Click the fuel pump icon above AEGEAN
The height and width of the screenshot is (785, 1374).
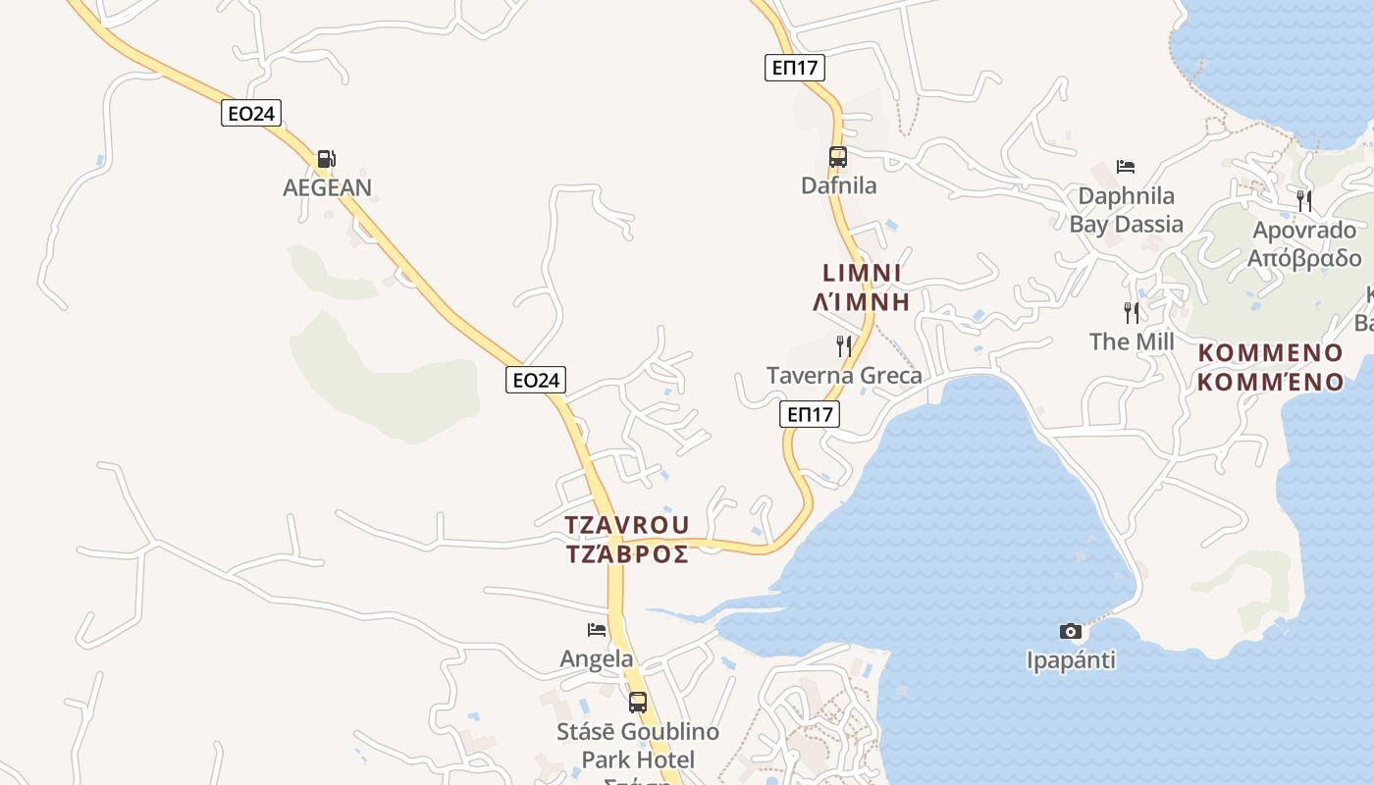(326, 158)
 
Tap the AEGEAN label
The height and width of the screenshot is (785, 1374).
(327, 187)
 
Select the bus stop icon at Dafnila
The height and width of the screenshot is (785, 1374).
(837, 156)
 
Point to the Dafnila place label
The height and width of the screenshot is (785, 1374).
(838, 185)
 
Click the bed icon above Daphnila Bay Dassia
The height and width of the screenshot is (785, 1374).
(1126, 167)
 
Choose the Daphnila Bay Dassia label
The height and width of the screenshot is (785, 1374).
(1126, 210)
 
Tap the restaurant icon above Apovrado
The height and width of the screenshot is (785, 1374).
(1303, 201)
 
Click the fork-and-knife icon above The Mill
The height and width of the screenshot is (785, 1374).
(1132, 313)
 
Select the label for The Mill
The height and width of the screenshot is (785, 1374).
(1132, 341)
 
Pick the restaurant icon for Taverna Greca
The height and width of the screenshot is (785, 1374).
(843, 345)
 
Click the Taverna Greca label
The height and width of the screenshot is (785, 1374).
(844, 376)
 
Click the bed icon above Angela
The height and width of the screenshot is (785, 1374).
(597, 629)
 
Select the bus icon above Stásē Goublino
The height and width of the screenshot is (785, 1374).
(638, 702)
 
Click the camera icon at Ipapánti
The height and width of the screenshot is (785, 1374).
(1071, 631)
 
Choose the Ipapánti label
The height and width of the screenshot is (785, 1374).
(1071, 660)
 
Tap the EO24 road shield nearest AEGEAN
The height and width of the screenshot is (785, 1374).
(251, 114)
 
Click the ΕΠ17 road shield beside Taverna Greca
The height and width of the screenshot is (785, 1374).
(810, 414)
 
